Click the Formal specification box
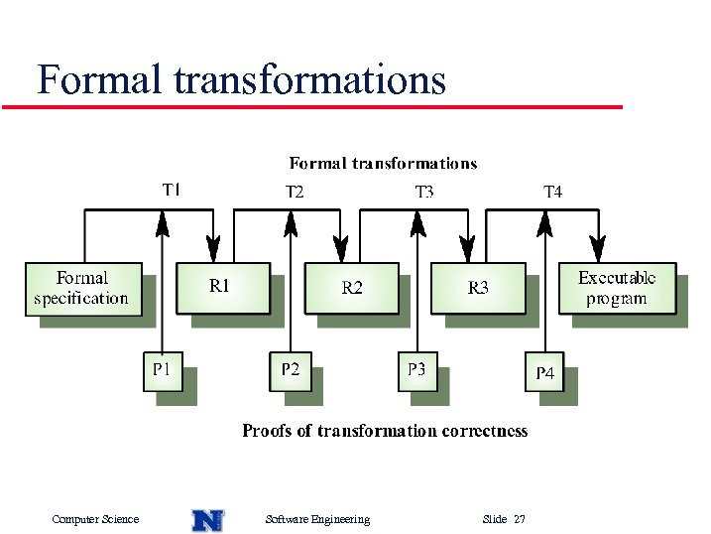point(81,289)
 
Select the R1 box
point(221,287)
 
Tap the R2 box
point(351,288)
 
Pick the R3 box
point(477,288)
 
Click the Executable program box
point(616,289)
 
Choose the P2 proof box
point(290,370)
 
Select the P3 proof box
point(416,370)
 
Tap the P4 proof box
point(544,373)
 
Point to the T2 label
point(295,192)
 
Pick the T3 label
point(423,192)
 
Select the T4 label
point(552,192)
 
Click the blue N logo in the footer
point(207,519)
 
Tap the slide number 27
point(520,519)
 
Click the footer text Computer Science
point(95,519)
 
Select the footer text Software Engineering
point(317,519)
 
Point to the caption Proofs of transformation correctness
point(385,431)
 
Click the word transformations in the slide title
point(309,79)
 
